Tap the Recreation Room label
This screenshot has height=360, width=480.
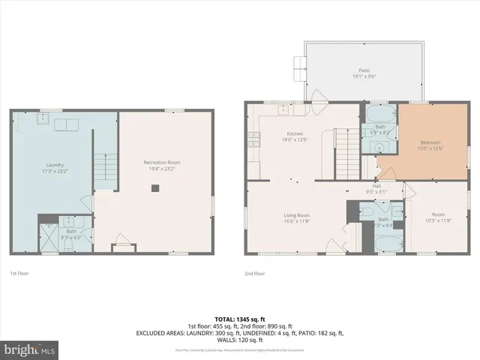click(162, 163)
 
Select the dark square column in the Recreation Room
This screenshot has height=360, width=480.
click(155, 189)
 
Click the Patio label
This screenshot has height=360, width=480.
click(364, 70)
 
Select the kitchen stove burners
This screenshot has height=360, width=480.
click(254, 137)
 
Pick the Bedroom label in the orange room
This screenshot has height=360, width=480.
click(430, 142)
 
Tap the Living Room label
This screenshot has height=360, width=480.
click(297, 215)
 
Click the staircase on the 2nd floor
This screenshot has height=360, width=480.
click(344, 142)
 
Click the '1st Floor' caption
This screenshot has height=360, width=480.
click(19, 274)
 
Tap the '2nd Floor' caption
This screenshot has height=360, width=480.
click(254, 274)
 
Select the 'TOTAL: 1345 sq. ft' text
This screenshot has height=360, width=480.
click(240, 319)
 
